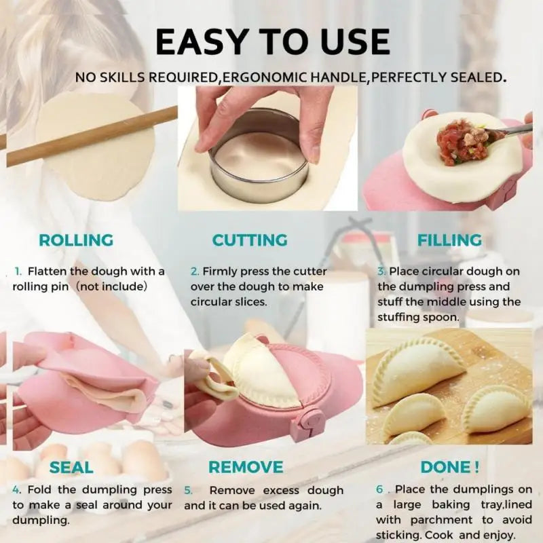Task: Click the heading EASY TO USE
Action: point(272,41)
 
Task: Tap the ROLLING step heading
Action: point(76,240)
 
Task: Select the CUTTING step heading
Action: point(250,240)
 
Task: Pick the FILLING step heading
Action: point(449,240)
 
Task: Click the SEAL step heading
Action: point(71,467)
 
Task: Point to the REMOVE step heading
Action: point(246,467)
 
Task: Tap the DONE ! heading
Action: point(450,467)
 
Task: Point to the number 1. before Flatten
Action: point(18,271)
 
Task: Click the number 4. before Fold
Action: point(17,490)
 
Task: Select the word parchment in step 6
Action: point(447,520)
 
